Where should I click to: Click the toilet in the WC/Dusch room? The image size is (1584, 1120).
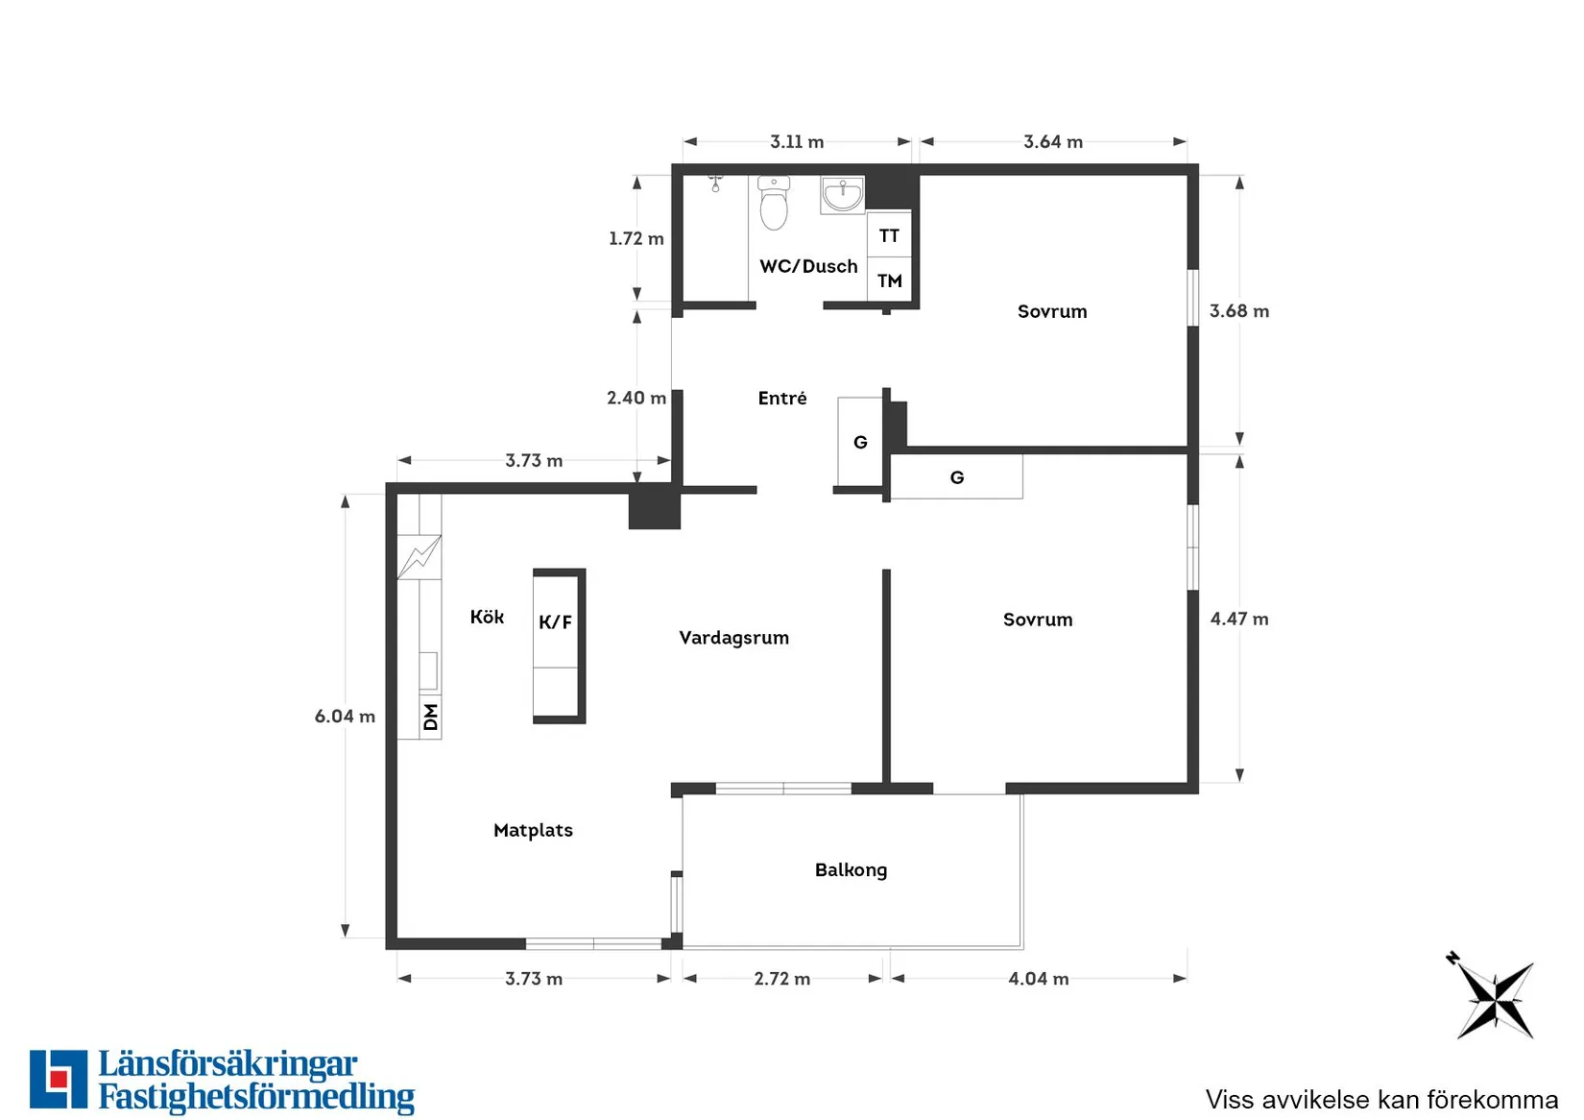(x=774, y=203)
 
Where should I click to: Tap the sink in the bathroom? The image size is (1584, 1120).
(x=842, y=195)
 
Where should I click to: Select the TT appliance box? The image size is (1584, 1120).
(x=889, y=235)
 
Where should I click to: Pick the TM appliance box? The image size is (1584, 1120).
(x=889, y=280)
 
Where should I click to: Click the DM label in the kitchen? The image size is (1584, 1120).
(x=430, y=717)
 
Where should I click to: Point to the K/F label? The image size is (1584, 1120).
(x=555, y=621)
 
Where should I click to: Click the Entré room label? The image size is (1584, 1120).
(x=782, y=399)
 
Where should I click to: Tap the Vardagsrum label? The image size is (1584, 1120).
(x=734, y=638)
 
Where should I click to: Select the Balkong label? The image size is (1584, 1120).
(x=851, y=870)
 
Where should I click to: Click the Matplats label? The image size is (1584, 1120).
(x=533, y=830)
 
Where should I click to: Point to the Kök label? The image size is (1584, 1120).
(x=487, y=617)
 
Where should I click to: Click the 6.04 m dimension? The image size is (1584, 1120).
(x=345, y=716)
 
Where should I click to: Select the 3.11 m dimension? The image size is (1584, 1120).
(x=797, y=141)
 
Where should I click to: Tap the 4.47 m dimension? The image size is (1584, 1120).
(x=1239, y=620)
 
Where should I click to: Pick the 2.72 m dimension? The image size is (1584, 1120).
(x=782, y=979)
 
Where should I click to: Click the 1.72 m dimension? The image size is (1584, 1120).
(x=636, y=238)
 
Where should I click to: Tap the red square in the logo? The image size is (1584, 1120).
(x=59, y=1079)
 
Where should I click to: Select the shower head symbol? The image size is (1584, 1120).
(x=715, y=184)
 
